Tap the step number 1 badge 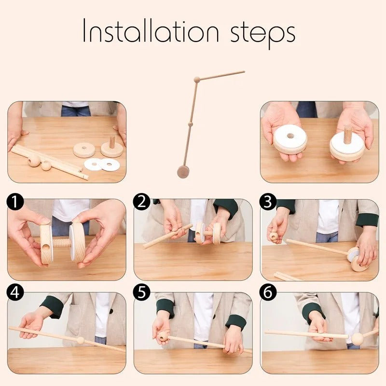(16, 202)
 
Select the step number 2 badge (142, 202)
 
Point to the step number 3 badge (268, 202)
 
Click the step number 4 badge (16, 292)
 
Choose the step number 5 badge (142, 292)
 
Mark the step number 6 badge (268, 292)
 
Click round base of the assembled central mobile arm (183, 171)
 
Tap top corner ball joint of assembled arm (197, 80)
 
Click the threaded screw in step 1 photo (62, 242)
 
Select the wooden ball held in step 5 (164, 335)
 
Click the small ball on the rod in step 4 (81, 340)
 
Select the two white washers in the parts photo (102, 165)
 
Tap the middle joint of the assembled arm (190, 124)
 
